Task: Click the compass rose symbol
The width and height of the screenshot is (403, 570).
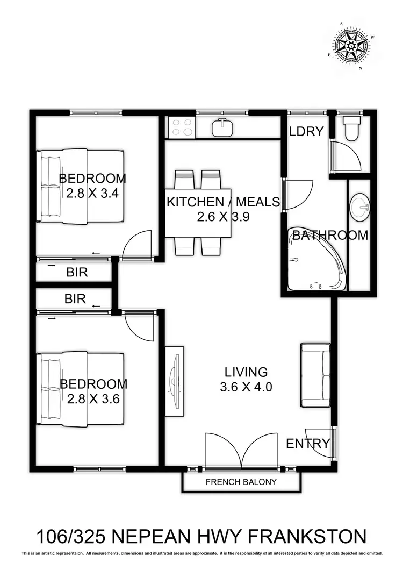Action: [x=352, y=47]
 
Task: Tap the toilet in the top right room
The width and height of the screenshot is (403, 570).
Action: [x=352, y=128]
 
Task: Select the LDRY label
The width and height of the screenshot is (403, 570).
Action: [x=306, y=131]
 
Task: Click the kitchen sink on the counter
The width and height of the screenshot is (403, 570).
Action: [x=221, y=128]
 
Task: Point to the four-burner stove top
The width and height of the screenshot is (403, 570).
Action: [x=181, y=128]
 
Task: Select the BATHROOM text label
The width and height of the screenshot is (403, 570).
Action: [x=330, y=235]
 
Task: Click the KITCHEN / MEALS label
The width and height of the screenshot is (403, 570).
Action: [x=223, y=202]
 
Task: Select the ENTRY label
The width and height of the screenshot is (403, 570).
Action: [x=307, y=444]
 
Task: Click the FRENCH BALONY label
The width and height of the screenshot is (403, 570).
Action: [x=241, y=482]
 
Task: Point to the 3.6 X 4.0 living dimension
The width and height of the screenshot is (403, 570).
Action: [x=246, y=387]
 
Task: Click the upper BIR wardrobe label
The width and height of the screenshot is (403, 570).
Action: [x=77, y=273]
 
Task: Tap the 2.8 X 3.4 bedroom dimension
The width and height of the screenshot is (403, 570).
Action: [x=92, y=193]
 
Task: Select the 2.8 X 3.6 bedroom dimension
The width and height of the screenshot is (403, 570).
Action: [x=93, y=398]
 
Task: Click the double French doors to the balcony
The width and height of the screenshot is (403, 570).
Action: [x=241, y=451]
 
